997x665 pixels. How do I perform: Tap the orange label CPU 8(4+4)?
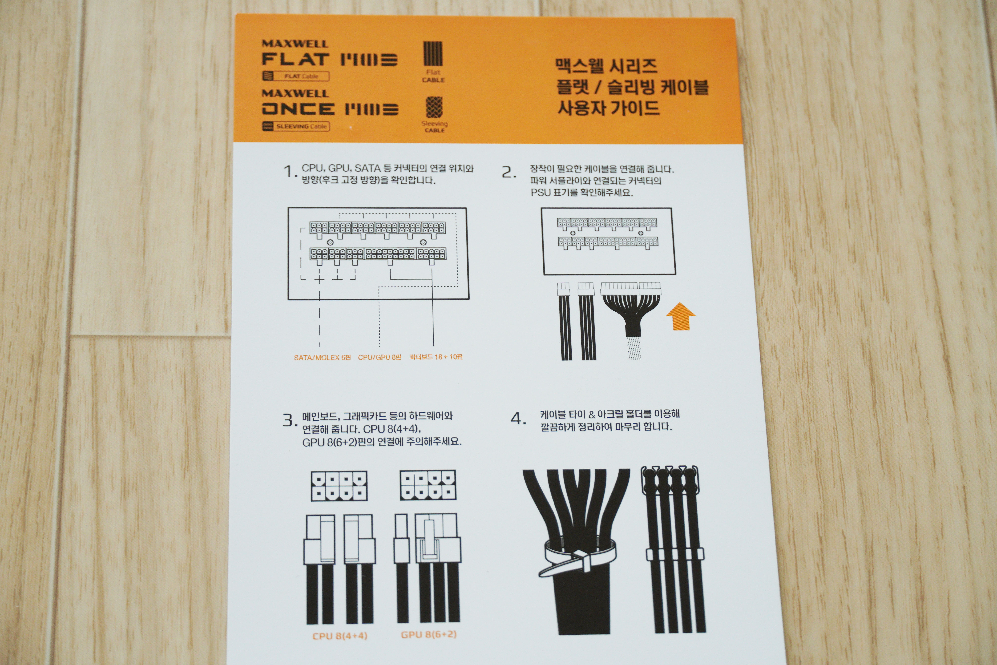tap(340, 636)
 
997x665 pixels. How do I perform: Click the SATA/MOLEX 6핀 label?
tap(322, 358)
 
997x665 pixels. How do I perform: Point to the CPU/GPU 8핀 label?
tap(379, 357)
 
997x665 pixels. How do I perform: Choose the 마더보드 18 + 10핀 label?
tap(436, 357)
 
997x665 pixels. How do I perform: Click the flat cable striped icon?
tap(433, 53)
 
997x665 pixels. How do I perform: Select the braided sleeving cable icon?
tap(434, 107)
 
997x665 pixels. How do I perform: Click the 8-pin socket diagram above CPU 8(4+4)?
tap(339, 486)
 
